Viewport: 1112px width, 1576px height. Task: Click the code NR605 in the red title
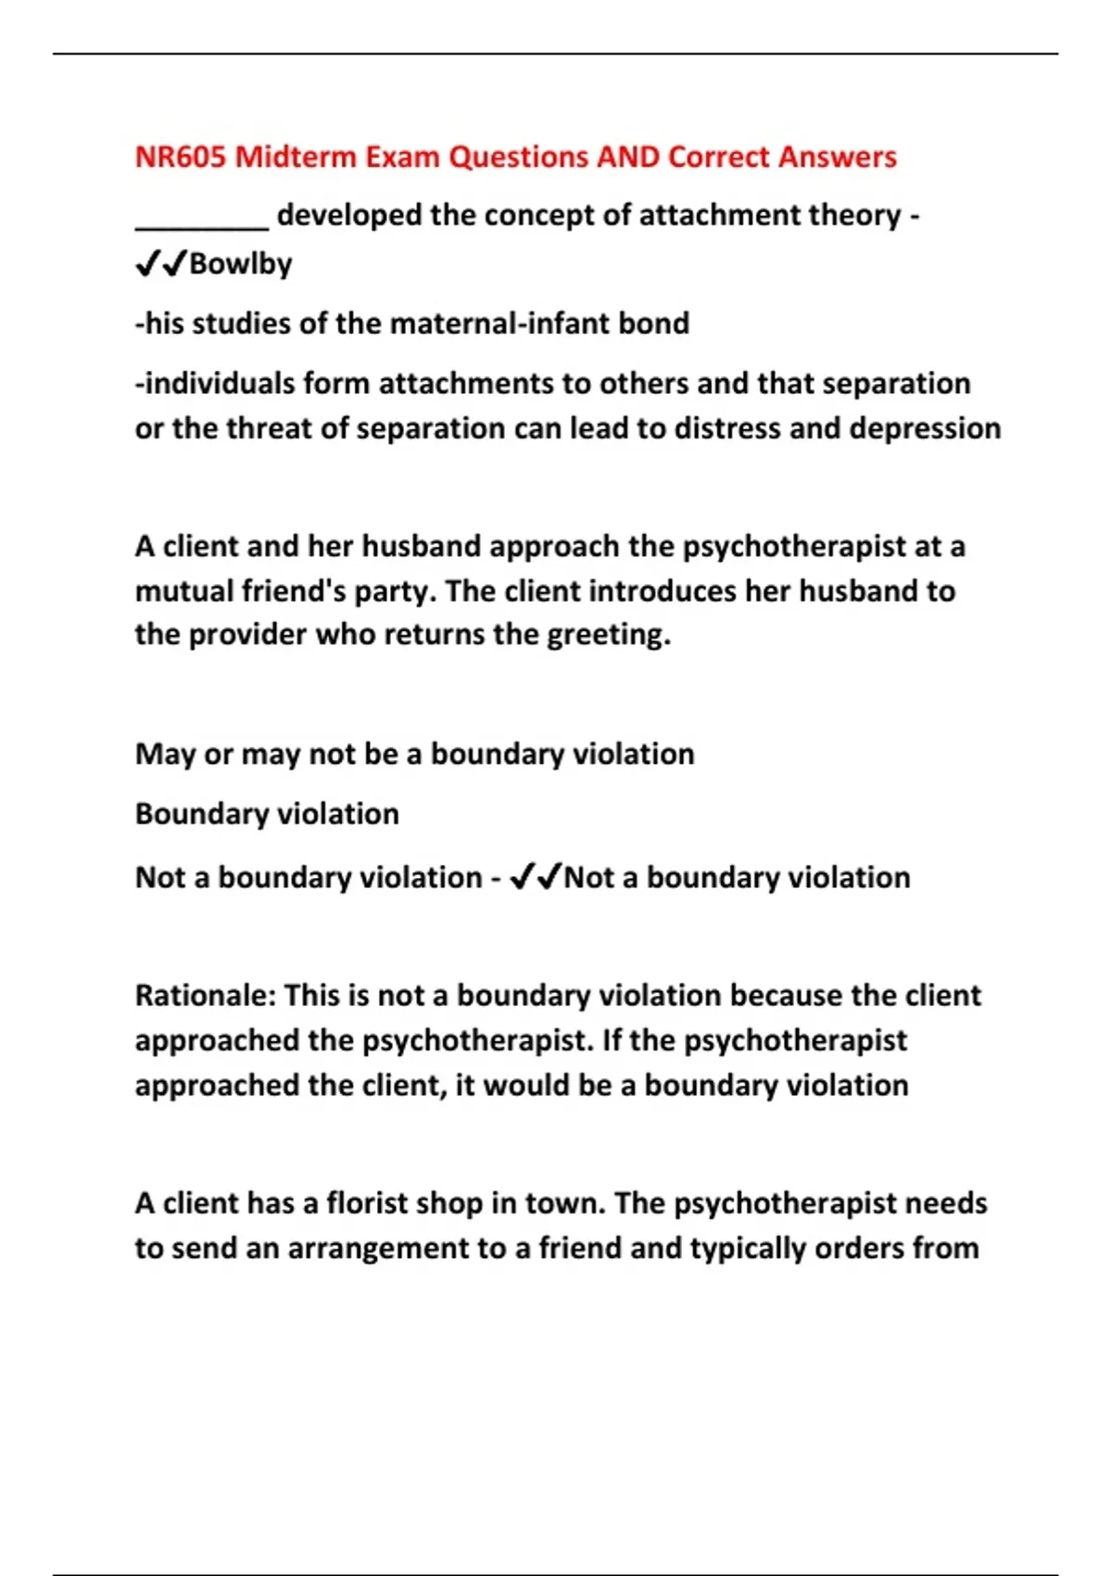coord(181,157)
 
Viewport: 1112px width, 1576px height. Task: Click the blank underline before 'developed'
coord(202,223)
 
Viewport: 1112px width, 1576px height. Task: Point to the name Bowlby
coord(241,264)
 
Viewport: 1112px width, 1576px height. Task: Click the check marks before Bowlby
coord(161,264)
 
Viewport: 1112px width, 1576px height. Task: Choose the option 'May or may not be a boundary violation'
coord(414,755)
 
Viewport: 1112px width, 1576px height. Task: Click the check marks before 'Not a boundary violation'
coord(536,876)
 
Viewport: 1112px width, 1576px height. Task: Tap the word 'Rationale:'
coord(206,996)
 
